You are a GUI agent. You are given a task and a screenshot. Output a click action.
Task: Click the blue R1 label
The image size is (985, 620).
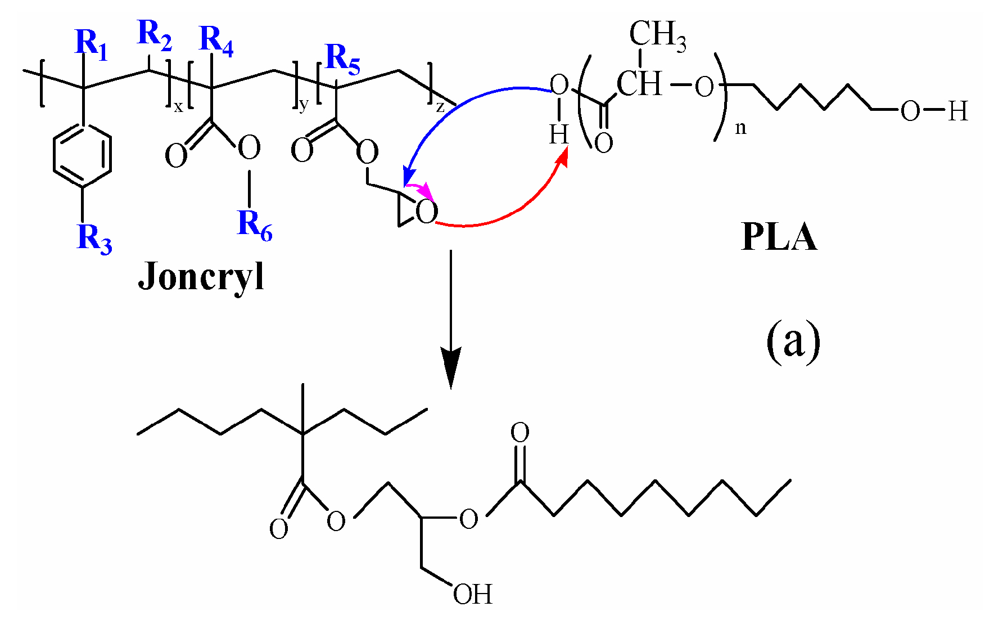(x=91, y=44)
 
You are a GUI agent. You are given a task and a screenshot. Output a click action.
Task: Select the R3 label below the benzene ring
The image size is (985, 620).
(x=94, y=239)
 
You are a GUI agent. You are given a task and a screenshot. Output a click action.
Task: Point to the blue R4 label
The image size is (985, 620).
(x=216, y=41)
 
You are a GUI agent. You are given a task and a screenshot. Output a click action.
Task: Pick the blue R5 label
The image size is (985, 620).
(x=342, y=59)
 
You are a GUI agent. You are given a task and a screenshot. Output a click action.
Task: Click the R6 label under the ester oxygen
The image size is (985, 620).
(x=255, y=225)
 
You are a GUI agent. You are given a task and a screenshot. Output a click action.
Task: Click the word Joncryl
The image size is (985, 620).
(x=201, y=277)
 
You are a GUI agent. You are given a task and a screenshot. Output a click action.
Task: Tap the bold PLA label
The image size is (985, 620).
(x=779, y=237)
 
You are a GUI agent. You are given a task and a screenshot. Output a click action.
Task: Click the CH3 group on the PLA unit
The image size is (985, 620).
(x=657, y=35)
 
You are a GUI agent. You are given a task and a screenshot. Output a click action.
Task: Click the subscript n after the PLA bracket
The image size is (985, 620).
(x=741, y=129)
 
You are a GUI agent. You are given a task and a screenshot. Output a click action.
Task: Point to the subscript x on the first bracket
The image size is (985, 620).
(x=178, y=107)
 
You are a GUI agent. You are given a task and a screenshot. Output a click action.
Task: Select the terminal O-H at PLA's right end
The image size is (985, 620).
(x=934, y=111)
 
